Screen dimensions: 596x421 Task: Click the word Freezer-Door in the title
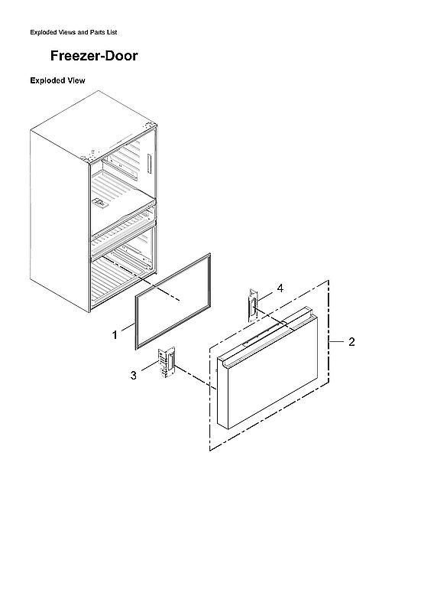pos(94,56)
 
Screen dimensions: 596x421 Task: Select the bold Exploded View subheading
pos(57,80)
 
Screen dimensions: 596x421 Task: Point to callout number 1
pos(115,334)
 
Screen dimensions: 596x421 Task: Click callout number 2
pos(351,342)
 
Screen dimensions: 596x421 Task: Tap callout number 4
pos(280,288)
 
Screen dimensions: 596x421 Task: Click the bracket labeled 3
pos(166,362)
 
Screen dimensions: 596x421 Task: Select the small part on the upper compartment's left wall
pos(99,204)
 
